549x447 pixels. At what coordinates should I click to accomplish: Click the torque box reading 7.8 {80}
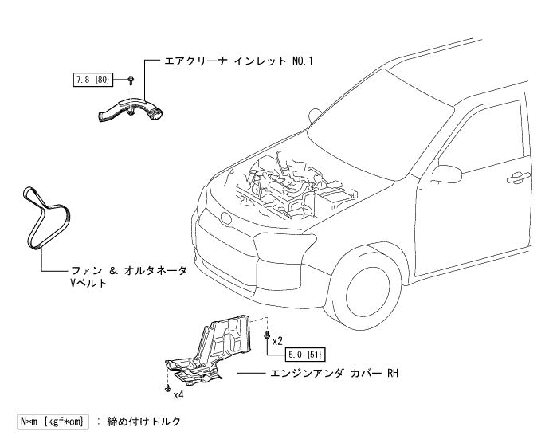click(92, 80)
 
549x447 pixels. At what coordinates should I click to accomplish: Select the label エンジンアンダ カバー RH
click(335, 372)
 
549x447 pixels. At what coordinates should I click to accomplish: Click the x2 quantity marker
click(277, 340)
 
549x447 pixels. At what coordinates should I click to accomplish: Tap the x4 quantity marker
click(178, 393)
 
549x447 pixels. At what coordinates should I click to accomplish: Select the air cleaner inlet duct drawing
click(131, 110)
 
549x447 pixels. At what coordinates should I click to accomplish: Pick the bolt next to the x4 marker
click(167, 388)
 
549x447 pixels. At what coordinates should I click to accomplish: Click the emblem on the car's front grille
click(224, 218)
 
